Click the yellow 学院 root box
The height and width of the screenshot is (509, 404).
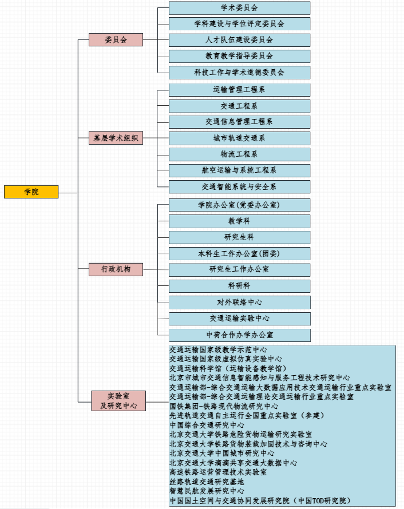pyautogui.click(x=31, y=192)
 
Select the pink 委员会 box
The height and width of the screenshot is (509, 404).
pyautogui.click(x=116, y=40)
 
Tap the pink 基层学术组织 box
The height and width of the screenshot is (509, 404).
pyautogui.click(x=116, y=138)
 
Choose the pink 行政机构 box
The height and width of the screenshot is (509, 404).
pyautogui.click(x=116, y=269)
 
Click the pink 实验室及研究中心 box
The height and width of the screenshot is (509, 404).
pyautogui.click(x=118, y=401)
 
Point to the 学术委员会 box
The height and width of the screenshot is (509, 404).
pyautogui.click(x=239, y=8)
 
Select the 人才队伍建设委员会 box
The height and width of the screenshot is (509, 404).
pyautogui.click(x=239, y=40)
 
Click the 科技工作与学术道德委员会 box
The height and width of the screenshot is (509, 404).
pyautogui.click(x=239, y=73)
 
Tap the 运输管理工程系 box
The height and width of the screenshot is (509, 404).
pyautogui.click(x=239, y=90)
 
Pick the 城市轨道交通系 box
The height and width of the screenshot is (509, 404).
pyautogui.click(x=239, y=138)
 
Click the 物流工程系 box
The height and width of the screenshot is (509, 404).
pyautogui.click(x=239, y=154)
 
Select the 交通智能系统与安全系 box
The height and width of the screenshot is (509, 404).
pyautogui.click(x=239, y=187)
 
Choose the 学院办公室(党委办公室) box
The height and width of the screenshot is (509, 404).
pyautogui.click(x=239, y=205)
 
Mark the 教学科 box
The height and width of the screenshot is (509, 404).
pyautogui.click(x=239, y=221)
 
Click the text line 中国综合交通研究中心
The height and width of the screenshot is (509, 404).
pyautogui.click(x=207, y=426)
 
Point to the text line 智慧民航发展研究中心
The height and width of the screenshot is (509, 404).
pyautogui.click(x=207, y=491)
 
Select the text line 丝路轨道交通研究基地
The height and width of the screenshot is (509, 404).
pyautogui.click(x=207, y=482)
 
